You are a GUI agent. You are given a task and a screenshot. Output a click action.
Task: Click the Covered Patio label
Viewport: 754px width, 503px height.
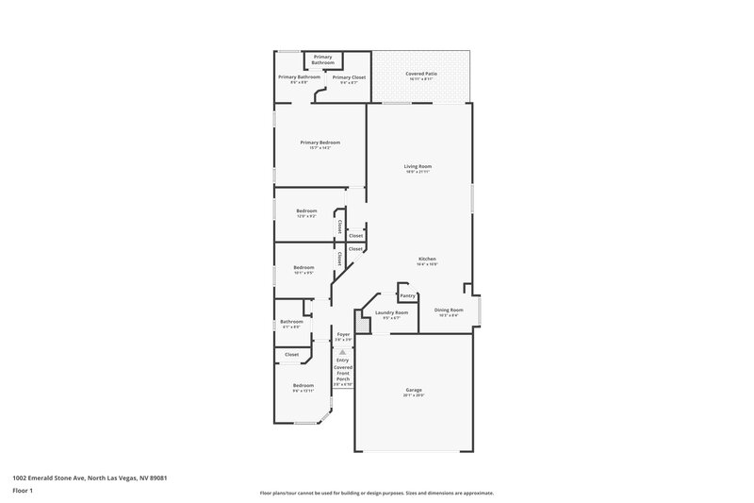coord(421,73)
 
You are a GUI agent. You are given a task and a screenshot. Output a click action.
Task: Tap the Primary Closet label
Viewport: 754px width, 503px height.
coord(349,77)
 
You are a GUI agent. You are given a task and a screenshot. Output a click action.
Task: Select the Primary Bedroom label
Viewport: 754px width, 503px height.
coord(320,143)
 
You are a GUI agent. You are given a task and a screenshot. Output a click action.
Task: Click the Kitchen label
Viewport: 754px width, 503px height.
coord(427,259)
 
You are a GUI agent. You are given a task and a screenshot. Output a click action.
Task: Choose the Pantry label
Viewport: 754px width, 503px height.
coord(407,295)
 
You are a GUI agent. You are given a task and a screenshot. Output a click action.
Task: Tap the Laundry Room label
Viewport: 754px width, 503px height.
coord(391,312)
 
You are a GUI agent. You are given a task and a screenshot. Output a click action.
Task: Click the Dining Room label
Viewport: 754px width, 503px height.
coord(449,310)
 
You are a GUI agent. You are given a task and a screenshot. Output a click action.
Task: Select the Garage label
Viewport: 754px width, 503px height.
coord(414,390)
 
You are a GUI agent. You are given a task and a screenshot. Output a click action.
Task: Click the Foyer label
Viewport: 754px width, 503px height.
coord(343,334)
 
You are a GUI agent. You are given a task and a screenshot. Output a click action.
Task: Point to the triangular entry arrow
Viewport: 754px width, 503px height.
coord(343,349)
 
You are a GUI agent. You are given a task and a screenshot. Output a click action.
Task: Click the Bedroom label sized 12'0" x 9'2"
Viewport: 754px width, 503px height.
coord(306,210)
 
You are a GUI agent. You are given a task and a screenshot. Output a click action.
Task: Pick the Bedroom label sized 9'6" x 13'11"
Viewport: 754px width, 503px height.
coord(303,385)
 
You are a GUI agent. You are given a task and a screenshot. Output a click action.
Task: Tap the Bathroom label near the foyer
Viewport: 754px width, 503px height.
coord(291,322)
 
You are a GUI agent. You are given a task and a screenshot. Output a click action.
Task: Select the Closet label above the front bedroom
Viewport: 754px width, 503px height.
coord(291,355)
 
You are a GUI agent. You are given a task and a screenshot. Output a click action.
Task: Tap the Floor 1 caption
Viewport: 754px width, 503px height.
coord(24,492)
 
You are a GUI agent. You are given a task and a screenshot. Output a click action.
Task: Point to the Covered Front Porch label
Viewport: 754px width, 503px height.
coord(343,373)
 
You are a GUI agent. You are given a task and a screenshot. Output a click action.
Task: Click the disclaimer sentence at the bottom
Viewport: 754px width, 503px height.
coord(376,493)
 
